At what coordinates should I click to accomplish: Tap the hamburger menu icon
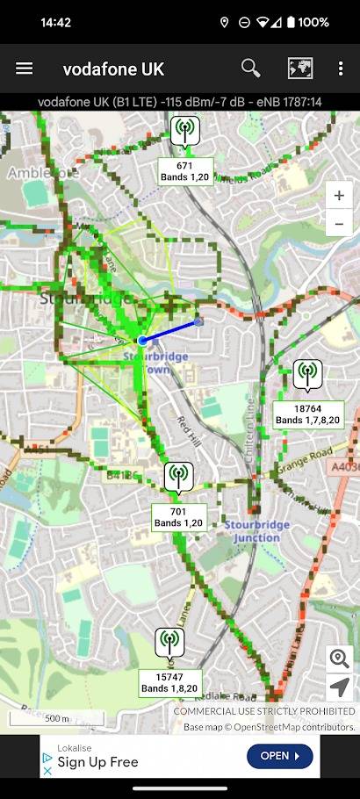tap(25, 68)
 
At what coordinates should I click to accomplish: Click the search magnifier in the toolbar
tap(250, 68)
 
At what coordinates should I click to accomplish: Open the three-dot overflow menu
tap(341, 68)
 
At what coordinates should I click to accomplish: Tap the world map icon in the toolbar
tap(299, 68)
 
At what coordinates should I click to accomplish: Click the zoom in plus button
tap(339, 196)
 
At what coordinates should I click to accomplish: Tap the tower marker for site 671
tap(184, 133)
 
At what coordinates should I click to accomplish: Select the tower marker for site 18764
tap(307, 375)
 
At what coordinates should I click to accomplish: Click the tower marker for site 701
tap(178, 478)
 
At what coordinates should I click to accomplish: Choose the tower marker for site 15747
tap(169, 644)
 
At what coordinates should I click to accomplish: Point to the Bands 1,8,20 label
tap(170, 688)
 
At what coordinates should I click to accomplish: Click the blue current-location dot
tap(141, 340)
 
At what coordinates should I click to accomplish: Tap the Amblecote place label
tap(42, 173)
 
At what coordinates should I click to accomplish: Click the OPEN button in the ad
tap(279, 755)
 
